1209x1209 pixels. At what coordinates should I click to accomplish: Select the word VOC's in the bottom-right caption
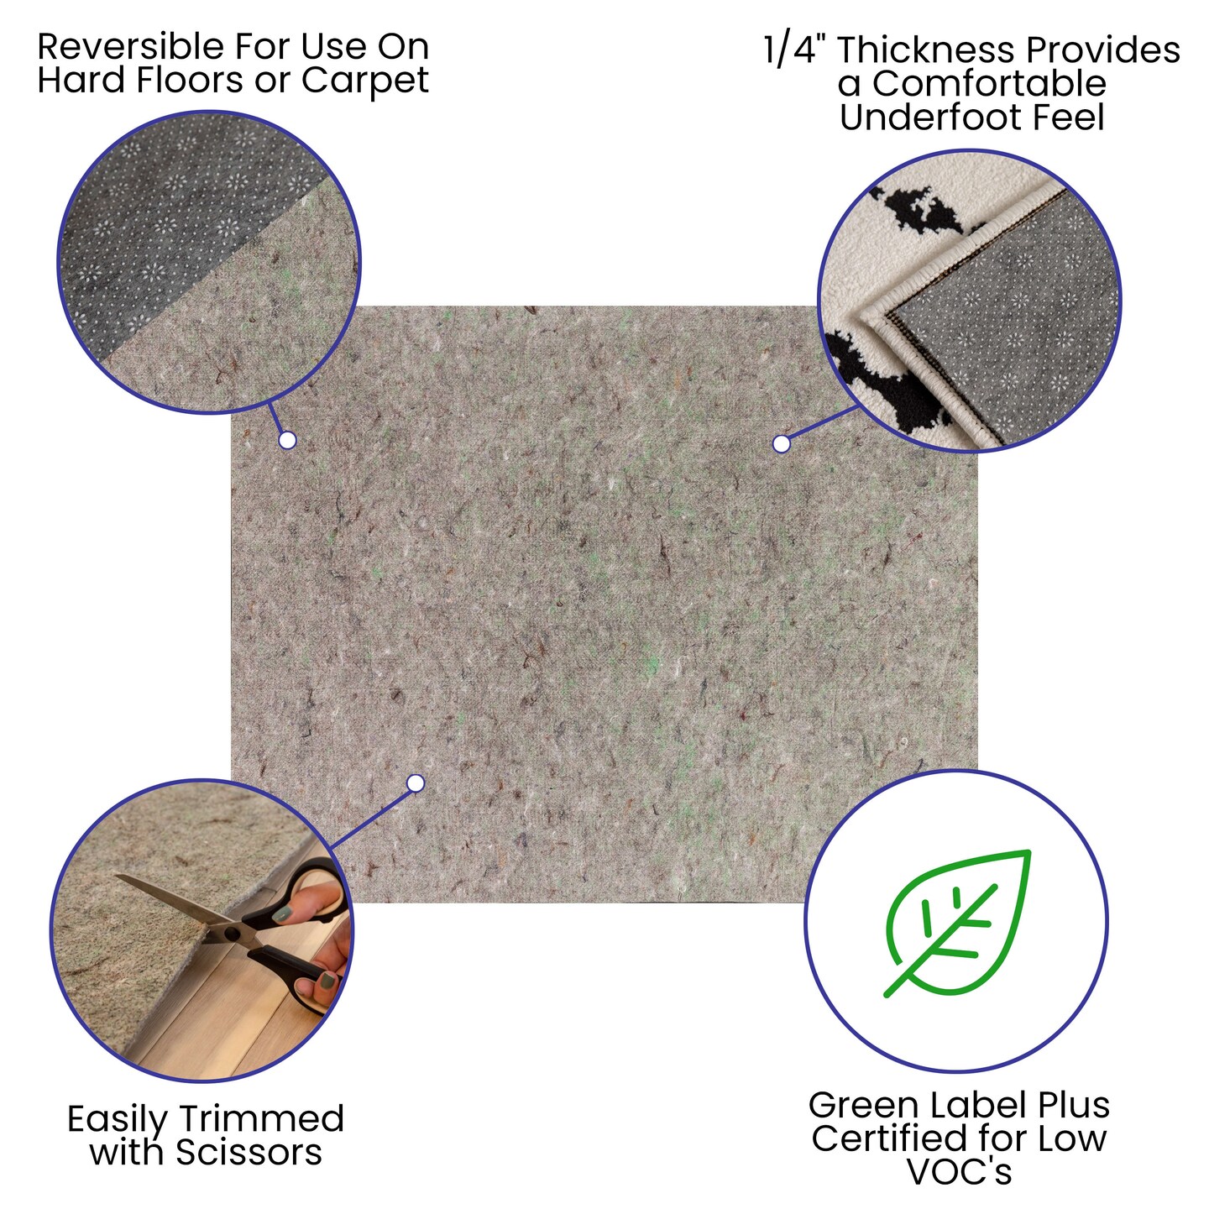point(960,1172)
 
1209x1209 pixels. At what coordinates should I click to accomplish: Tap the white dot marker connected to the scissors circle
point(415,783)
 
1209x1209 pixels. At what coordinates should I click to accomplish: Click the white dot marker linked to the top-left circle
point(287,440)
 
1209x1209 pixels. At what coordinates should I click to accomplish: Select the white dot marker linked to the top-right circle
point(781,444)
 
